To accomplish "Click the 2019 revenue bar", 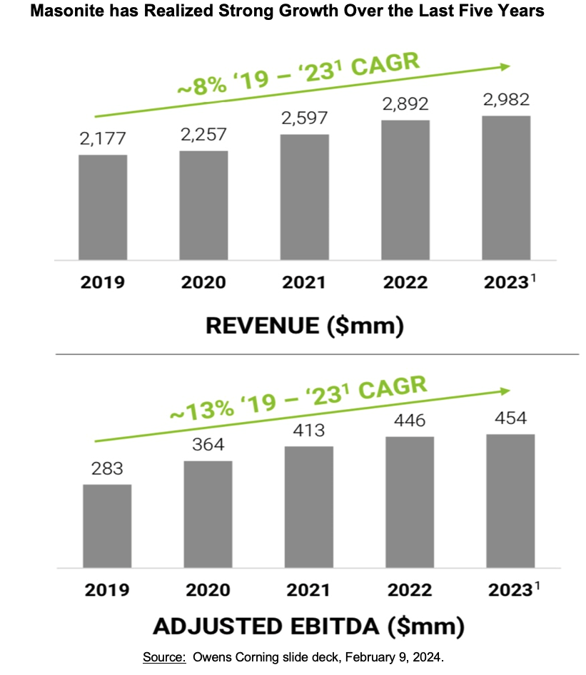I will click(103, 207).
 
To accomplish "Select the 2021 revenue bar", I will click(305, 197).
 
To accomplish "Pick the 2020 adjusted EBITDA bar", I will click(208, 514).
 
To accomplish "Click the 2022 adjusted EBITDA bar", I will click(410, 502).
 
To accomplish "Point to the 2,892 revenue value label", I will click(405, 104).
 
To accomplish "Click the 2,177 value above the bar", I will click(103, 138).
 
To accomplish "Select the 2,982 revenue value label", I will click(506, 100).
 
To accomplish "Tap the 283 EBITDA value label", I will click(107, 468).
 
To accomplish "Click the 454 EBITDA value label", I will click(510, 418).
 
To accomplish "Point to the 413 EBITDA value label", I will click(308, 430).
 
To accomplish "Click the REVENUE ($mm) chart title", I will click(305, 326).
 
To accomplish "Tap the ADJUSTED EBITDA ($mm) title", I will click(308, 627).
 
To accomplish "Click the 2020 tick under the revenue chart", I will click(204, 282).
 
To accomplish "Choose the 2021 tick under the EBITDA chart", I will click(308, 590).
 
